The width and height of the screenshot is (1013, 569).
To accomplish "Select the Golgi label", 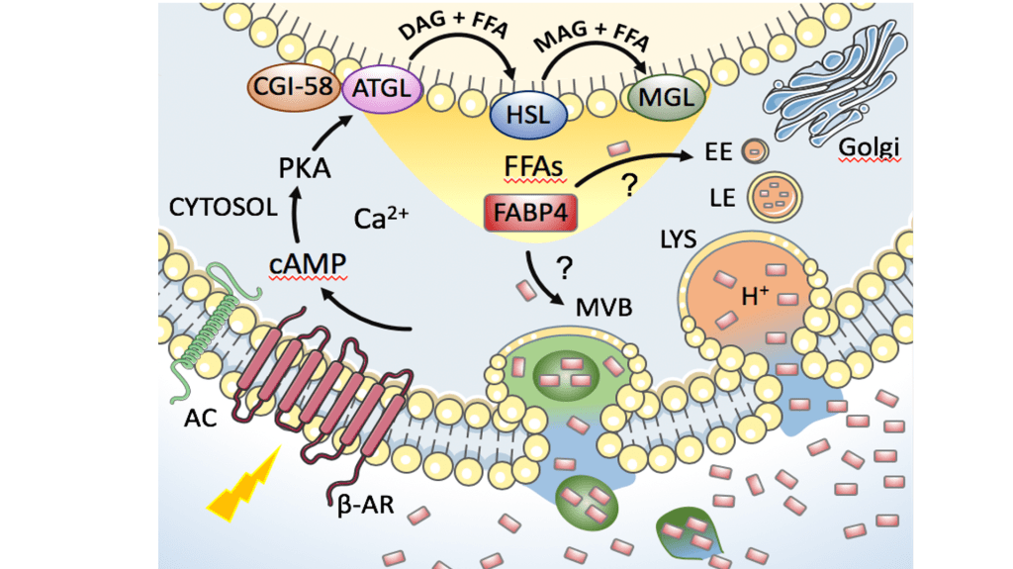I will (869, 149).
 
